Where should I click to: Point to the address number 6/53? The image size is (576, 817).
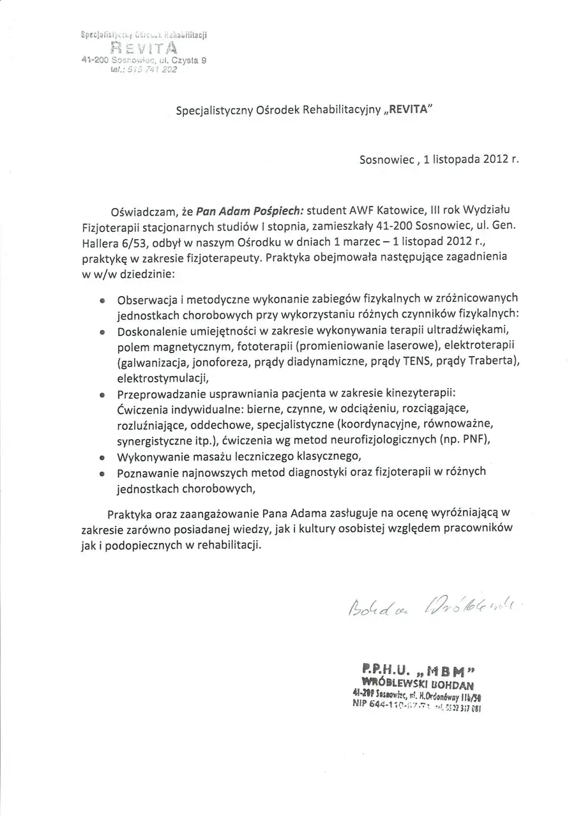tap(133, 243)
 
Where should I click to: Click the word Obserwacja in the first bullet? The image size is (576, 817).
tap(146, 299)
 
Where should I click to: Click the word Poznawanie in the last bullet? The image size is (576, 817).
tap(146, 472)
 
